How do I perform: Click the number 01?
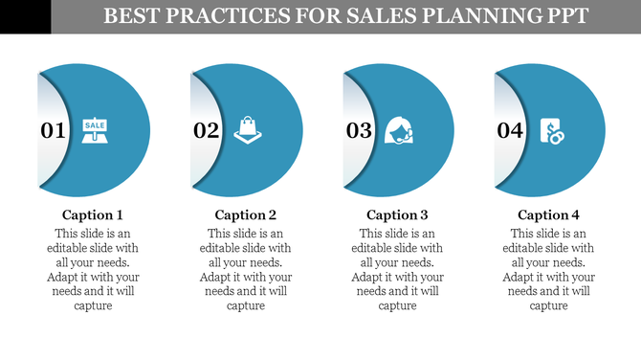(53, 131)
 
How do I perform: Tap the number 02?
(207, 131)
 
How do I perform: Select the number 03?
(359, 131)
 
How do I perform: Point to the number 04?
(510, 131)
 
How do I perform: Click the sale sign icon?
(95, 129)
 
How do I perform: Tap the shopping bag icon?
(247, 129)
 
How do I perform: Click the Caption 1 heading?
(93, 215)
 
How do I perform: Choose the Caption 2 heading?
(246, 215)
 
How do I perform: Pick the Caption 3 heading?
(397, 215)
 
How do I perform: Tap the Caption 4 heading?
(549, 215)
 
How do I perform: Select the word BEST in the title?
(130, 16)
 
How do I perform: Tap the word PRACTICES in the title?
(226, 16)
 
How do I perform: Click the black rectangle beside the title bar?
(25, 16)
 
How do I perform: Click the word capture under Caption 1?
(93, 306)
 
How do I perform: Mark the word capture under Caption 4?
(549, 306)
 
